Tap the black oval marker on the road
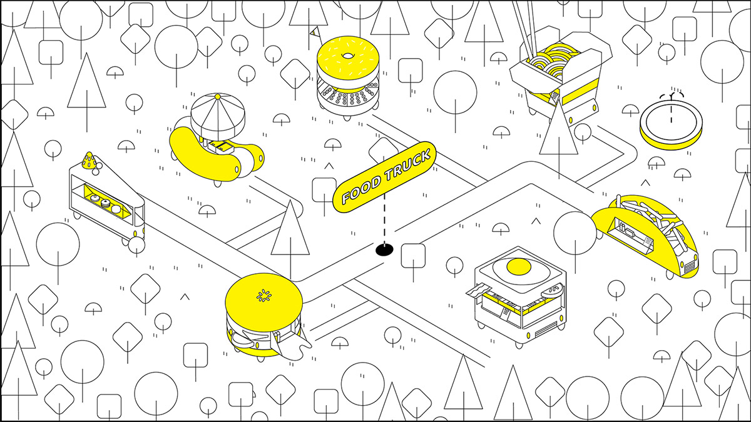coord(384,249)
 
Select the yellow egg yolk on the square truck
coord(519,267)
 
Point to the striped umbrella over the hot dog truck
coord(218,117)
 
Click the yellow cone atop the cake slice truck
coord(89,161)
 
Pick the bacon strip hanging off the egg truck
coord(478,291)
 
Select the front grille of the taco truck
coord(690,267)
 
